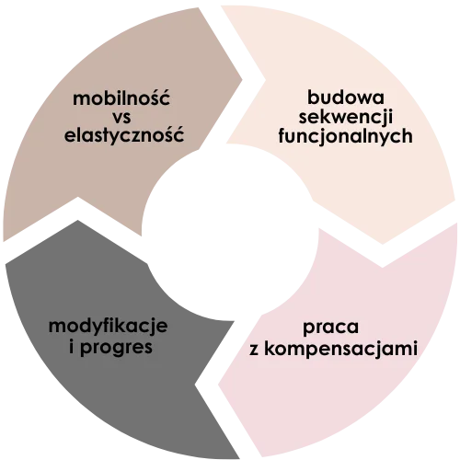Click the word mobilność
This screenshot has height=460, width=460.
pos(121,98)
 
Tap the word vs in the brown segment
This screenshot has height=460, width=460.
pos(121,118)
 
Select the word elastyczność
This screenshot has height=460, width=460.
pos(124,134)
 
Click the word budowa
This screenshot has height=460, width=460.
pos(346,97)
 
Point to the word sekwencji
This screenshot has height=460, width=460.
pos(346,117)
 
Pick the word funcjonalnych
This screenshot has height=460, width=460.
pos(345,136)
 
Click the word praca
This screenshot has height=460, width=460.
pos(330,327)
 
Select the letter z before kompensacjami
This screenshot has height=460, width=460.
pos(254,350)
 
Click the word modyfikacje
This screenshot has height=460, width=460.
pos(109,326)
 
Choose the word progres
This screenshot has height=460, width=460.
pos(116,348)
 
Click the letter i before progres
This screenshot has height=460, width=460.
pos(72,346)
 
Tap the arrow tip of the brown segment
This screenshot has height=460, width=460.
pos(242,80)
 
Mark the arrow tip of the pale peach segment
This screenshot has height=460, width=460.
pos(383,244)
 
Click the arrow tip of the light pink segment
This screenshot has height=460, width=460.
pos(218,385)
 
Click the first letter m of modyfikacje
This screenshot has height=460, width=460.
pos(57,327)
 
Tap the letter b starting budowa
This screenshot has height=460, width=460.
pos(313,97)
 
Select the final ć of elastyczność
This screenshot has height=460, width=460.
pos(178,134)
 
